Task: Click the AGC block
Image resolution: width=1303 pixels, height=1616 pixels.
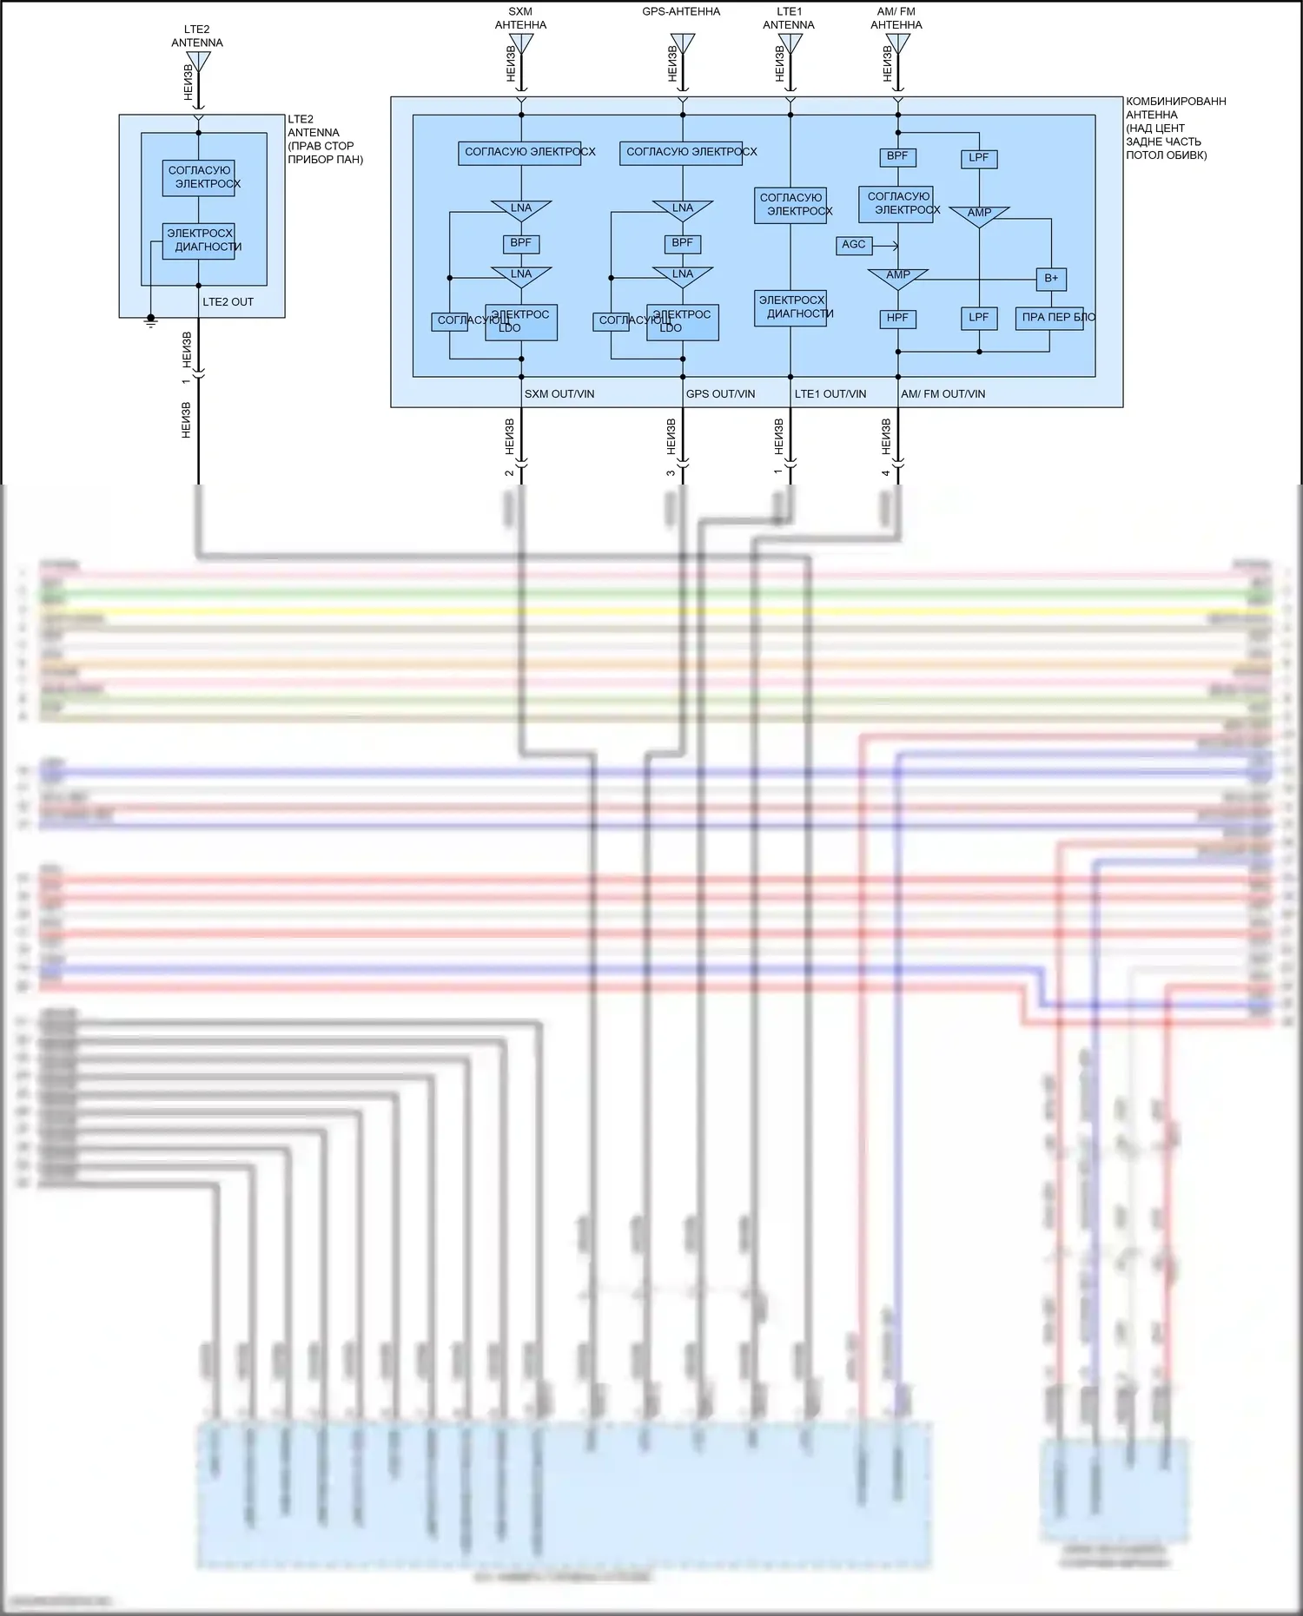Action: point(854,245)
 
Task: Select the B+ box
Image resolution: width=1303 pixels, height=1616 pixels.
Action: point(1051,279)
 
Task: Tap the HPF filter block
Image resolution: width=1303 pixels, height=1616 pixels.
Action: point(897,319)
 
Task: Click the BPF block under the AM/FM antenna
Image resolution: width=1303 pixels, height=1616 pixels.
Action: point(897,157)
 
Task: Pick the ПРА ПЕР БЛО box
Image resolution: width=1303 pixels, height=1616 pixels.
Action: point(1049,318)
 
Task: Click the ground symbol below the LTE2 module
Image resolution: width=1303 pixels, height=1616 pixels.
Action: point(151,320)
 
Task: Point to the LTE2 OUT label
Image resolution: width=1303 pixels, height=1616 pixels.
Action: point(228,302)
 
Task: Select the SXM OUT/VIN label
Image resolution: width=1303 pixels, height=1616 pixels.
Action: point(559,394)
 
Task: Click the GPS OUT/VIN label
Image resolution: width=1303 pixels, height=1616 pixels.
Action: point(720,394)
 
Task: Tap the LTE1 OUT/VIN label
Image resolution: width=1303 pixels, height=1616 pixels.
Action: point(830,394)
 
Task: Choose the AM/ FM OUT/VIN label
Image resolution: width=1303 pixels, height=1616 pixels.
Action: point(943,394)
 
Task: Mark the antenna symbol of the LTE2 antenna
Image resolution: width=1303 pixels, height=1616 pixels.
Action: point(198,62)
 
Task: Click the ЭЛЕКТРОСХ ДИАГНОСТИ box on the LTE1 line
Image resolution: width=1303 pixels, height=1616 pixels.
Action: point(790,307)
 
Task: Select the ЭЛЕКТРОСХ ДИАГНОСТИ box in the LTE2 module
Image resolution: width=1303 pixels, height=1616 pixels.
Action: point(199,241)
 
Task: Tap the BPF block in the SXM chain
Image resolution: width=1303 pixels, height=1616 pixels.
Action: point(521,244)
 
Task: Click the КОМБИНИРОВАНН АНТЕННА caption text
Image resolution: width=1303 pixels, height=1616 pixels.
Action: point(1175,129)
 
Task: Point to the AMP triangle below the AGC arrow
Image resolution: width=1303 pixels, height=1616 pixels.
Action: point(898,277)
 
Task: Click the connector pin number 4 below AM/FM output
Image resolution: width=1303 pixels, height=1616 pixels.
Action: point(886,473)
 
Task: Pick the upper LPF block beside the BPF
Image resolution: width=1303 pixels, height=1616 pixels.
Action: point(979,159)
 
